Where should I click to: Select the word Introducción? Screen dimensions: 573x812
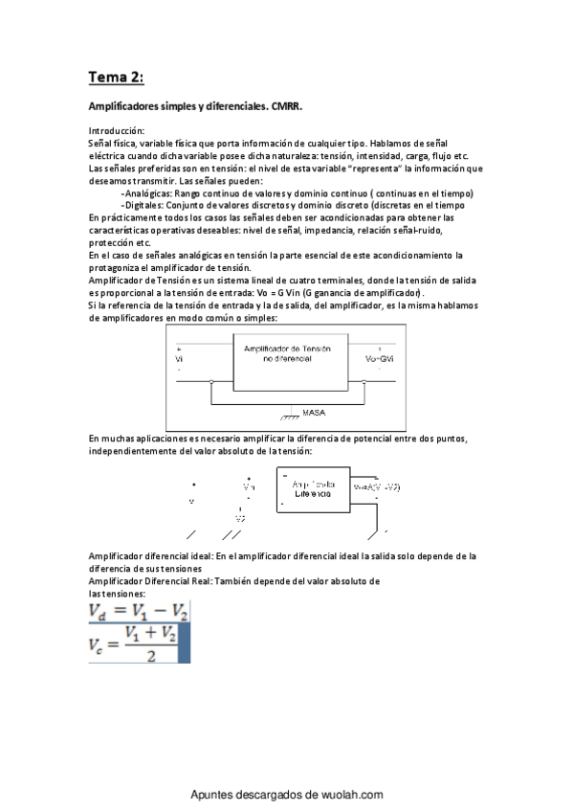tap(117, 130)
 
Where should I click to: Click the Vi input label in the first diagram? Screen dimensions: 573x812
tap(179, 358)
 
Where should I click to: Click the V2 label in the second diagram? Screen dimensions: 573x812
tap(240, 518)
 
